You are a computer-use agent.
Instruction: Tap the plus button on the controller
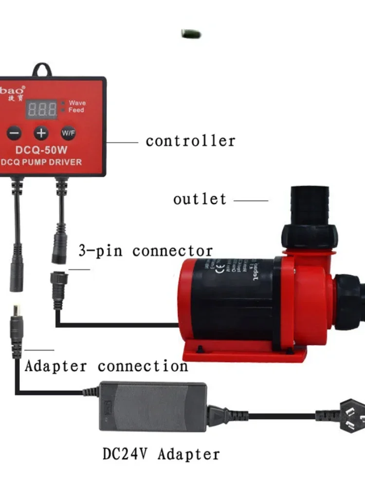pos(41,132)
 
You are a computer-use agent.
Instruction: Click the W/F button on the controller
pos(68,132)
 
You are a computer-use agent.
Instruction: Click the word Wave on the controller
pos(77,103)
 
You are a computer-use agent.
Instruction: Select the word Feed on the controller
pos(76,111)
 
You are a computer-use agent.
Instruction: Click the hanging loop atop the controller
pos(42,70)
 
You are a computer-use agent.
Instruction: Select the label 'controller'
pos(190,141)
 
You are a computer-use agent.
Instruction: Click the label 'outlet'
pos(200,199)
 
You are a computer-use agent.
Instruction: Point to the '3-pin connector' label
pos(146,251)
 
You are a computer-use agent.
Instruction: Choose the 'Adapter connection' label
pos(106,366)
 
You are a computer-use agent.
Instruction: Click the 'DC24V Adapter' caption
pos(161,454)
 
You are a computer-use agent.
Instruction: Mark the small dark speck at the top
pos(191,34)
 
